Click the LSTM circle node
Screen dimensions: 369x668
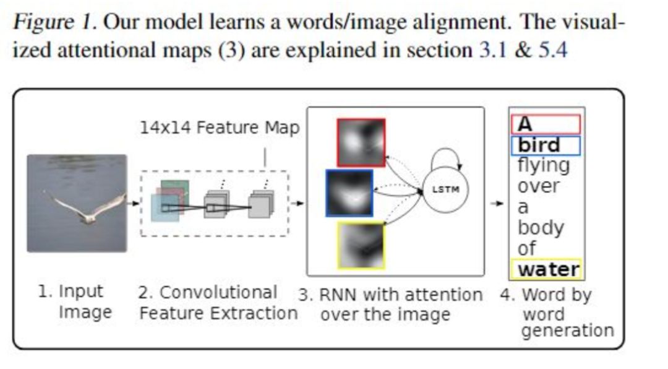[x=445, y=189]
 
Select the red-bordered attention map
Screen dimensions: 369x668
[x=361, y=143]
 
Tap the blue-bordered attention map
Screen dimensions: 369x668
[x=349, y=193]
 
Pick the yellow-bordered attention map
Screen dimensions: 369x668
[x=361, y=245]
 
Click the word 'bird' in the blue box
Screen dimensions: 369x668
[x=539, y=145]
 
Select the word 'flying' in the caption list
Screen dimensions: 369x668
[x=543, y=165]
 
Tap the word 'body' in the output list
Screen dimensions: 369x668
[x=541, y=228]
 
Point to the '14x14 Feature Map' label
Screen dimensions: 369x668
[x=219, y=128]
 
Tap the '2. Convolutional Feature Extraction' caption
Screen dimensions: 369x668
[x=216, y=303]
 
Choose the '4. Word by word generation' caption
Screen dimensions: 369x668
[x=557, y=313]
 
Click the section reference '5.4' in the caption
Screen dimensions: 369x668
[x=552, y=50]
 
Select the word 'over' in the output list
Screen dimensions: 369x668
[x=538, y=186]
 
